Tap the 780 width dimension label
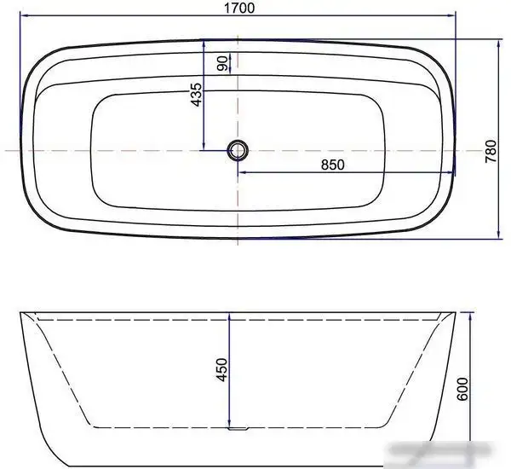click(x=490, y=150)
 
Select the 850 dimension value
click(x=332, y=165)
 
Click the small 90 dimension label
click(x=222, y=63)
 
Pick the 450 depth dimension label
click(x=221, y=371)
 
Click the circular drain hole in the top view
click(x=238, y=151)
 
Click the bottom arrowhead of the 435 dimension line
click(x=204, y=147)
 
